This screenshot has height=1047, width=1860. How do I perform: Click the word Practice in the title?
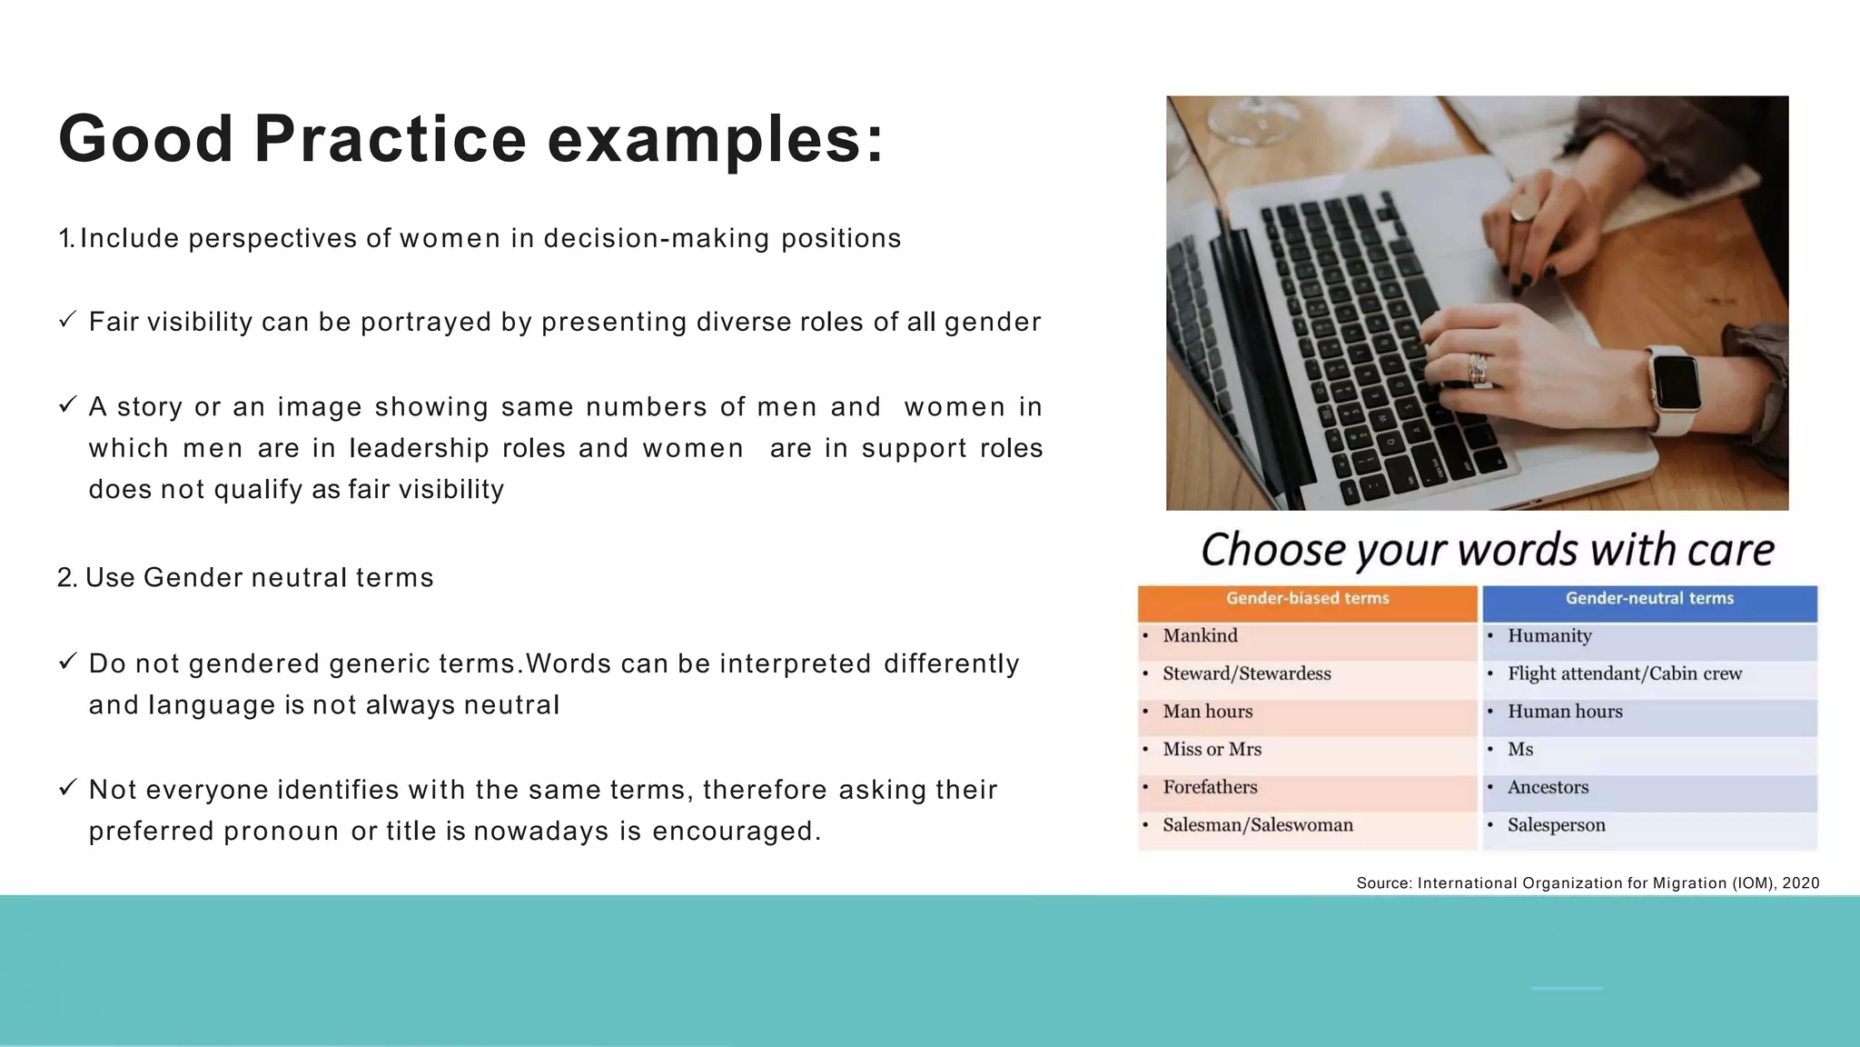(x=390, y=139)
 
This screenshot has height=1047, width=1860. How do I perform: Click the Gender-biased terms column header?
(x=1307, y=599)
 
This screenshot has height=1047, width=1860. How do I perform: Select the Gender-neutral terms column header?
(x=1649, y=599)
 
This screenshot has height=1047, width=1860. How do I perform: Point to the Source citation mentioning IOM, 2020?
(x=1587, y=883)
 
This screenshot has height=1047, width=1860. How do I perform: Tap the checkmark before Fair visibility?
(x=67, y=320)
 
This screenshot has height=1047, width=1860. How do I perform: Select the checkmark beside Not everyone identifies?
(x=67, y=788)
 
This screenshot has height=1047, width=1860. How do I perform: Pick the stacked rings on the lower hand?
(x=1478, y=369)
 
